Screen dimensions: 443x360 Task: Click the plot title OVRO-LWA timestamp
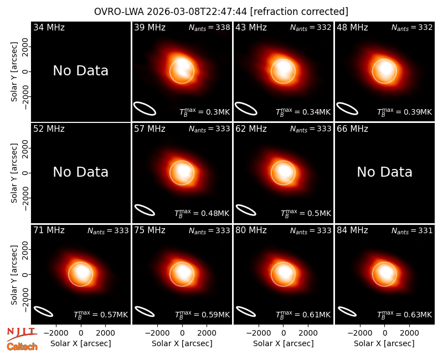click(221, 12)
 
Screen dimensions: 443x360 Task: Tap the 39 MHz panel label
click(150, 27)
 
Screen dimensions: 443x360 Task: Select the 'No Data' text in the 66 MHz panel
click(384, 172)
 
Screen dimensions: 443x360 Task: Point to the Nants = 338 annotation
click(209, 27)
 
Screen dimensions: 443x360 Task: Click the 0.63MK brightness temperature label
click(404, 315)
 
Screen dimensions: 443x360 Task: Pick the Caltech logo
click(22, 347)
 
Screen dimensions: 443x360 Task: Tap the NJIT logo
click(22, 333)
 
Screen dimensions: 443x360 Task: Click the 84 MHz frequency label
click(352, 230)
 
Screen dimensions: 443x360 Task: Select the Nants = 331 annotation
click(412, 230)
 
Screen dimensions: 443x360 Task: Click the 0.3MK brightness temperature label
click(204, 112)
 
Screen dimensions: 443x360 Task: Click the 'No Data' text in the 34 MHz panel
click(80, 71)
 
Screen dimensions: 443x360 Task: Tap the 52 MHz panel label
click(49, 129)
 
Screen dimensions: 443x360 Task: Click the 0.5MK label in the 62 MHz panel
click(306, 213)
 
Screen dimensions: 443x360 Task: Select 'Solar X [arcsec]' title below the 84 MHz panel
click(384, 343)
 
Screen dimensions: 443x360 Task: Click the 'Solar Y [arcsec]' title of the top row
click(14, 72)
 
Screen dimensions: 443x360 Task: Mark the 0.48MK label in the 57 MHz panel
click(202, 213)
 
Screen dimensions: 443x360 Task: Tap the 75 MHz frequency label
click(150, 230)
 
